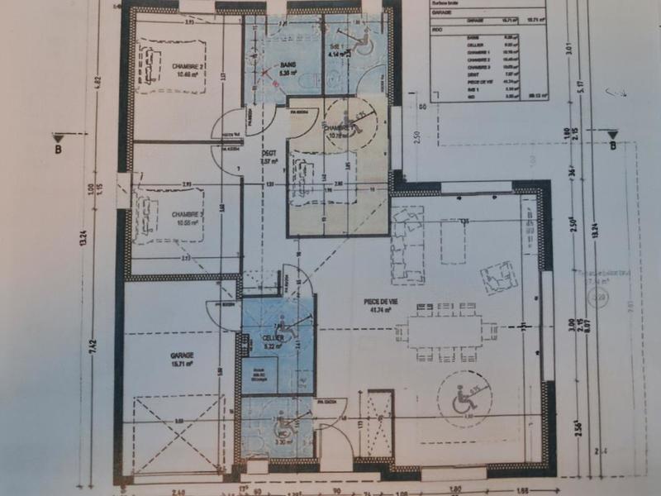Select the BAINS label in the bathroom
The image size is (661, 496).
[288, 68]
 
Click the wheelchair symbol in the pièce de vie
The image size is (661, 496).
[463, 403]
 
